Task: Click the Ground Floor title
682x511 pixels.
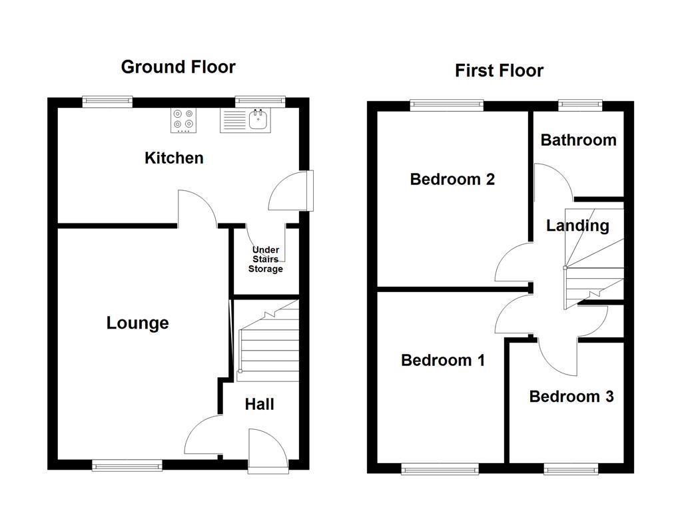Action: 178,67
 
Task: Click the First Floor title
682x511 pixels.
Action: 499,71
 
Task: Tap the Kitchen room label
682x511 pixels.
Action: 174,158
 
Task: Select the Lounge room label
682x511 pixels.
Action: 137,323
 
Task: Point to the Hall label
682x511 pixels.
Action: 259,405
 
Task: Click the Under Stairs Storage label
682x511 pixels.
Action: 265,259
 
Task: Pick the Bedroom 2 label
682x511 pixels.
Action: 452,179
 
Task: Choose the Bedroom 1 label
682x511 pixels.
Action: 442,360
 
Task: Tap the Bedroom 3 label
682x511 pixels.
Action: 571,397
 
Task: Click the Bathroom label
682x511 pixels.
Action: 578,140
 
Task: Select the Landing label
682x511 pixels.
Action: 577,226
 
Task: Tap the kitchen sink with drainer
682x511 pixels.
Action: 245,120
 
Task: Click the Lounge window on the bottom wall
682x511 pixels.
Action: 127,466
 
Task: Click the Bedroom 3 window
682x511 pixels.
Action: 571,470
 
